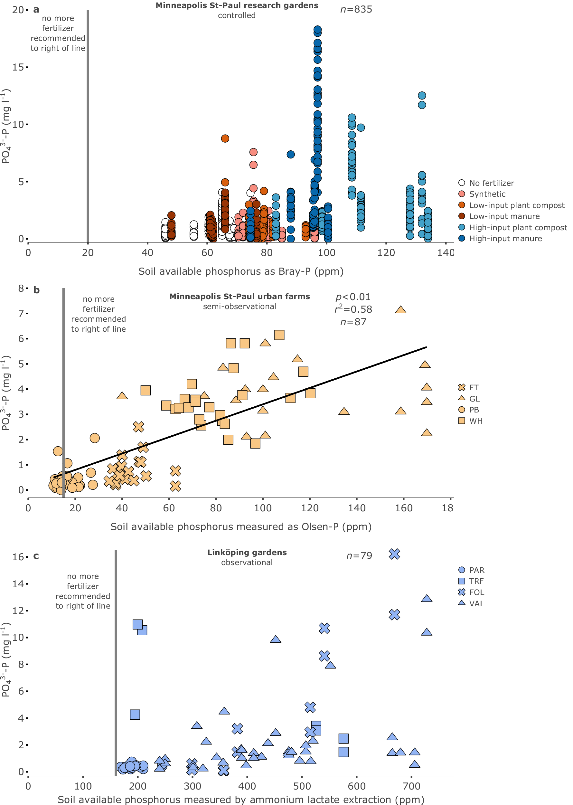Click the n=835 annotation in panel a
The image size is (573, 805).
[356, 10]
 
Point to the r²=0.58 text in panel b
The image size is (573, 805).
[353, 309]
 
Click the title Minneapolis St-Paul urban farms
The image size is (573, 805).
[240, 297]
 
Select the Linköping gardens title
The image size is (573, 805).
[247, 552]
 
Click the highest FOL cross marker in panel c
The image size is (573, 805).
[394, 554]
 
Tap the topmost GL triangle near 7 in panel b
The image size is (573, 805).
[400, 310]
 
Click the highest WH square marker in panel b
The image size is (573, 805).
[279, 335]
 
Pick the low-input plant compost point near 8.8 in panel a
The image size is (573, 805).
[225, 138]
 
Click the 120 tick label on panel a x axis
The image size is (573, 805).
[386, 253]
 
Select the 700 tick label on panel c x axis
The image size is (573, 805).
[411, 786]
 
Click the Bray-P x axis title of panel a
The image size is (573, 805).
[241, 271]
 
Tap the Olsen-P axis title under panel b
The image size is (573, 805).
[241, 526]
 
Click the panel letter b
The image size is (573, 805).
[36, 290]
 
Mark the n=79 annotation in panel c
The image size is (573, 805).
[359, 556]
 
